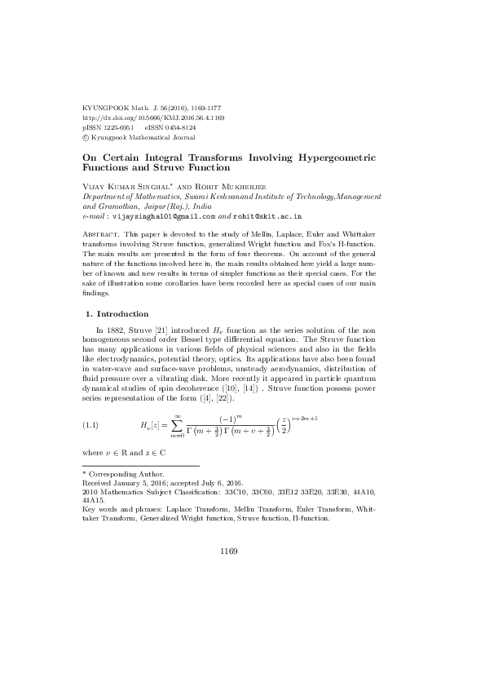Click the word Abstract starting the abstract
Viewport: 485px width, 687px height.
[100, 234]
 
